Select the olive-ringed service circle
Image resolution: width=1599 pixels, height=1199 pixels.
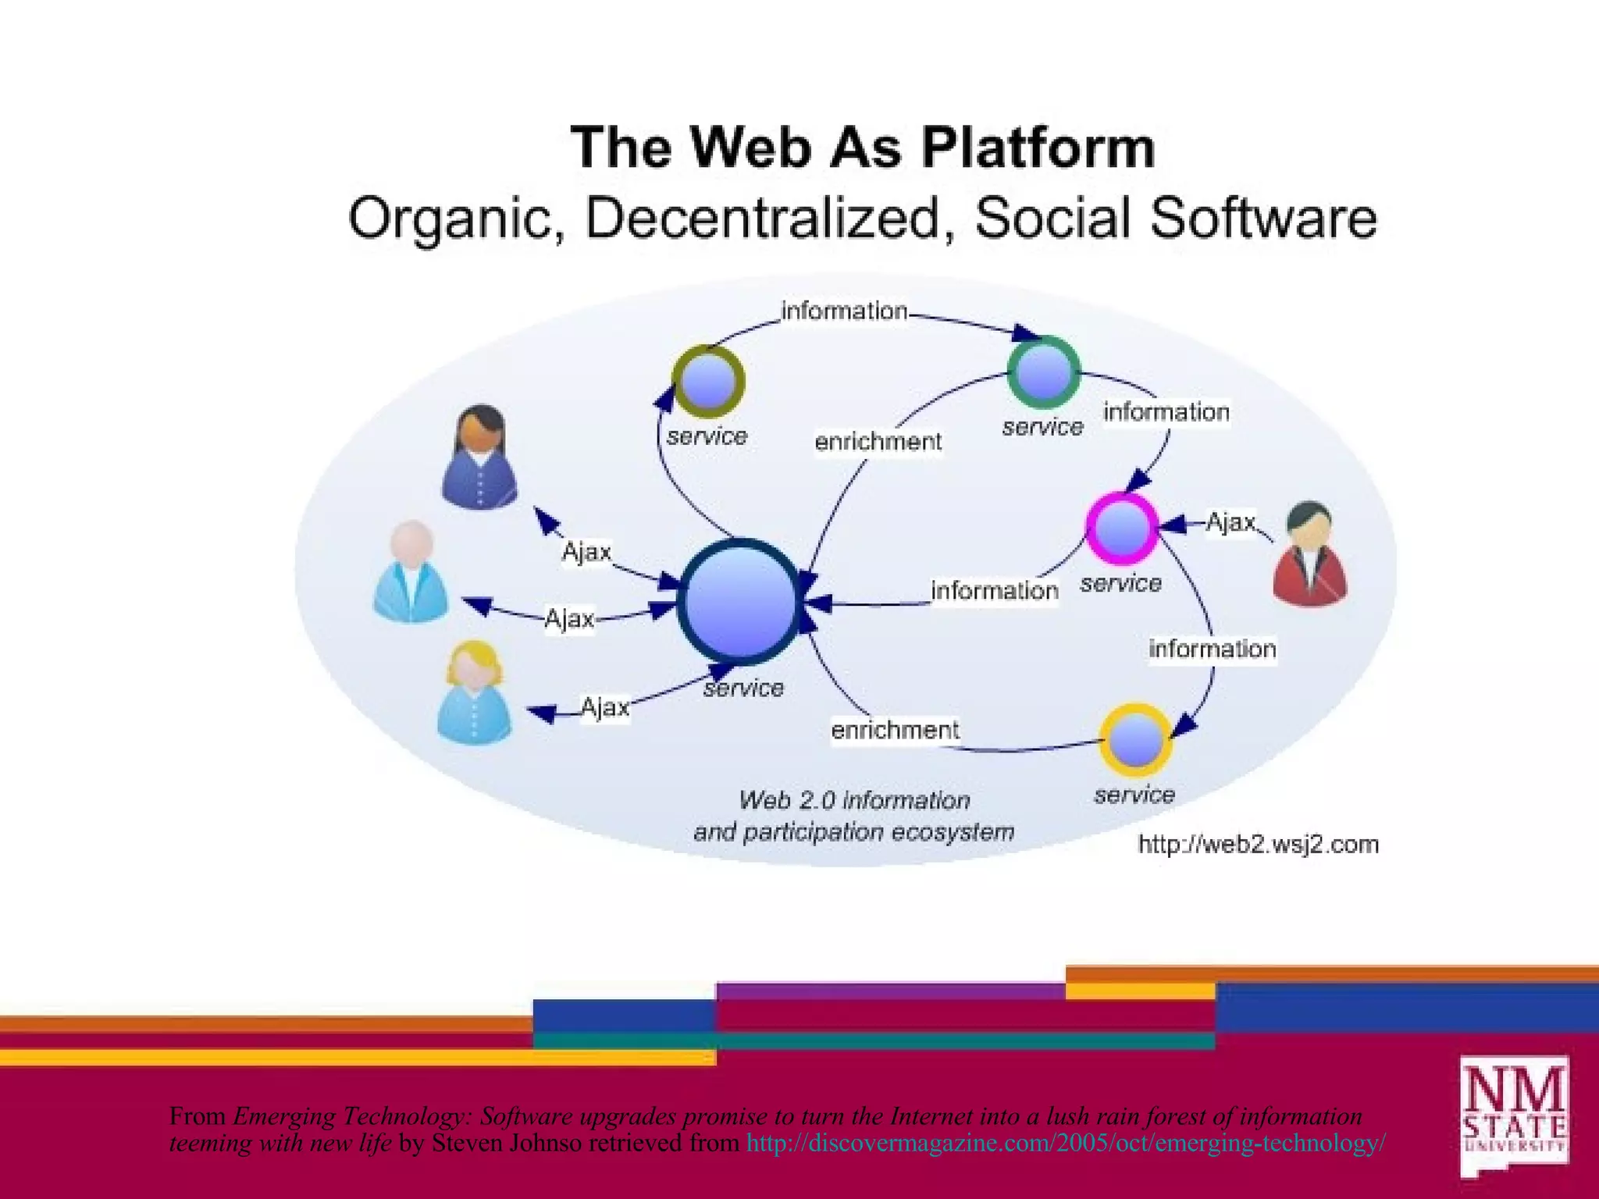tap(708, 381)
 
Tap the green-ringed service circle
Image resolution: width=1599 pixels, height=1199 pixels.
tap(1044, 372)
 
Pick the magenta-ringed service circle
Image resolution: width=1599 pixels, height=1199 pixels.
tap(1122, 528)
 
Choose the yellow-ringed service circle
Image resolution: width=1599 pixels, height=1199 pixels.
tap(1136, 739)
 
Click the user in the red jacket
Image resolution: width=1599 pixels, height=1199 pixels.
tap(1309, 554)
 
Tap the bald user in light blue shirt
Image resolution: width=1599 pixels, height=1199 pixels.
tap(411, 571)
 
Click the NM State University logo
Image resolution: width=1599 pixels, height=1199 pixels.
tap(1514, 1115)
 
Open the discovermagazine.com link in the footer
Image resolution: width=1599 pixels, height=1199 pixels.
tap(1066, 1143)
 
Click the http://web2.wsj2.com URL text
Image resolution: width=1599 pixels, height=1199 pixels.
tap(1258, 845)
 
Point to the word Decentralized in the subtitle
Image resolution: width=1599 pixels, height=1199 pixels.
tap(762, 218)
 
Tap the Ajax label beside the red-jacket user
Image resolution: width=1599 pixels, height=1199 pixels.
tap(1230, 521)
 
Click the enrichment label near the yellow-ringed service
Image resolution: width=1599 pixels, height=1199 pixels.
tap(895, 730)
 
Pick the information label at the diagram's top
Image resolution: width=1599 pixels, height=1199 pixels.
tap(844, 311)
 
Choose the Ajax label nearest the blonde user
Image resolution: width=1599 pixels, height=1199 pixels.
tap(604, 707)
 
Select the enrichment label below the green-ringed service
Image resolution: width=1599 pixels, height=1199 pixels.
tap(878, 442)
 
